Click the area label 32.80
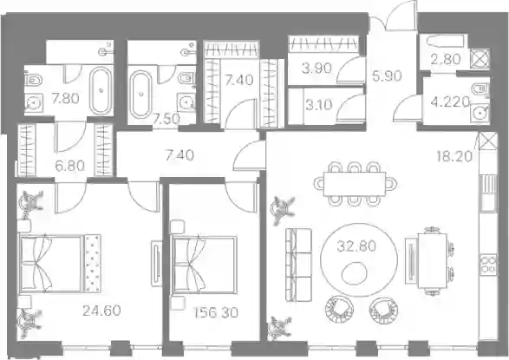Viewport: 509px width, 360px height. point(356,246)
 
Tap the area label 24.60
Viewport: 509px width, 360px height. point(101,311)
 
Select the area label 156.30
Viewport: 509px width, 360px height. point(216,312)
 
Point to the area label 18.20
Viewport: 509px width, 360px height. point(454,156)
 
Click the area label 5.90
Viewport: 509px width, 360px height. point(387,76)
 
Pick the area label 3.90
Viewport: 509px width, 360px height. point(316,69)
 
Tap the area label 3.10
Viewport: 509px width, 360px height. point(319,105)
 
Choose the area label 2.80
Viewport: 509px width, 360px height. point(446,59)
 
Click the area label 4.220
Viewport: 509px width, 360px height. point(450,102)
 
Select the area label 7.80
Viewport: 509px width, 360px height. point(65,98)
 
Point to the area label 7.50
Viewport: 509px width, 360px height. point(166,119)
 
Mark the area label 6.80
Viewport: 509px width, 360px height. point(69,167)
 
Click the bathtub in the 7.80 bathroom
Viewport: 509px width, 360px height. point(101,90)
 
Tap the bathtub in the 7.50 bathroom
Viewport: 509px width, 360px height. point(140,95)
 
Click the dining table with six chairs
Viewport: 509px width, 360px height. point(356,184)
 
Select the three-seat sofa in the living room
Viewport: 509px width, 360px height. point(298,265)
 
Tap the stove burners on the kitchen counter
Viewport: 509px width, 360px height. point(488,265)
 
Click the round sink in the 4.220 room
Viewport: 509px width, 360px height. point(480,114)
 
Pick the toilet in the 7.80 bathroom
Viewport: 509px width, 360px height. point(34,79)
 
